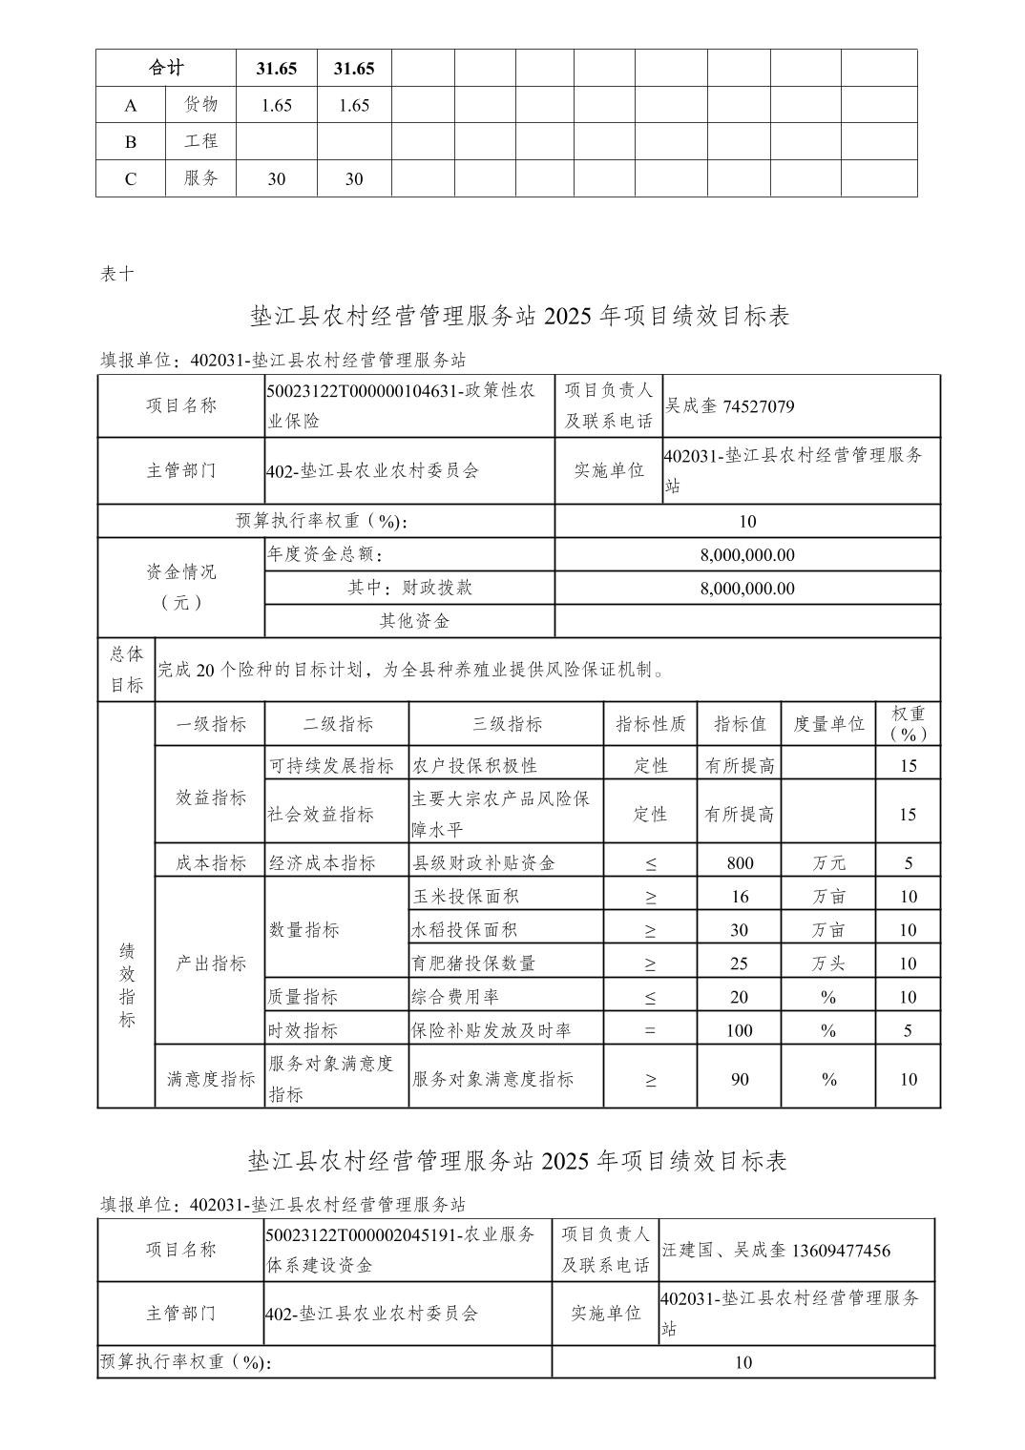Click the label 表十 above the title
pyautogui.click(x=117, y=274)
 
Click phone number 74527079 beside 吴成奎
pyautogui.click(x=759, y=406)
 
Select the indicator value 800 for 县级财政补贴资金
pyautogui.click(x=740, y=863)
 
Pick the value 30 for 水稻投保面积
pyautogui.click(x=740, y=930)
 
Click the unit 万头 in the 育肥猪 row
pyautogui.click(x=828, y=963)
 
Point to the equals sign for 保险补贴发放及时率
pyautogui.click(x=651, y=1030)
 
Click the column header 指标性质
pyautogui.click(x=651, y=724)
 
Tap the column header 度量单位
pyautogui.click(x=828, y=724)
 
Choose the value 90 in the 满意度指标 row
pyautogui.click(x=740, y=1079)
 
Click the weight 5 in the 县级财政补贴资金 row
pyautogui.click(x=909, y=863)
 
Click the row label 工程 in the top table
pyautogui.click(x=201, y=141)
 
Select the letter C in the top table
pyautogui.click(x=131, y=179)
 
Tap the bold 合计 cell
pyautogui.click(x=166, y=68)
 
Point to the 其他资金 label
pyautogui.click(x=414, y=621)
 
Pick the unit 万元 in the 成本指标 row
pyautogui.click(x=828, y=863)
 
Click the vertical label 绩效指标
pyautogui.click(x=126, y=984)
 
